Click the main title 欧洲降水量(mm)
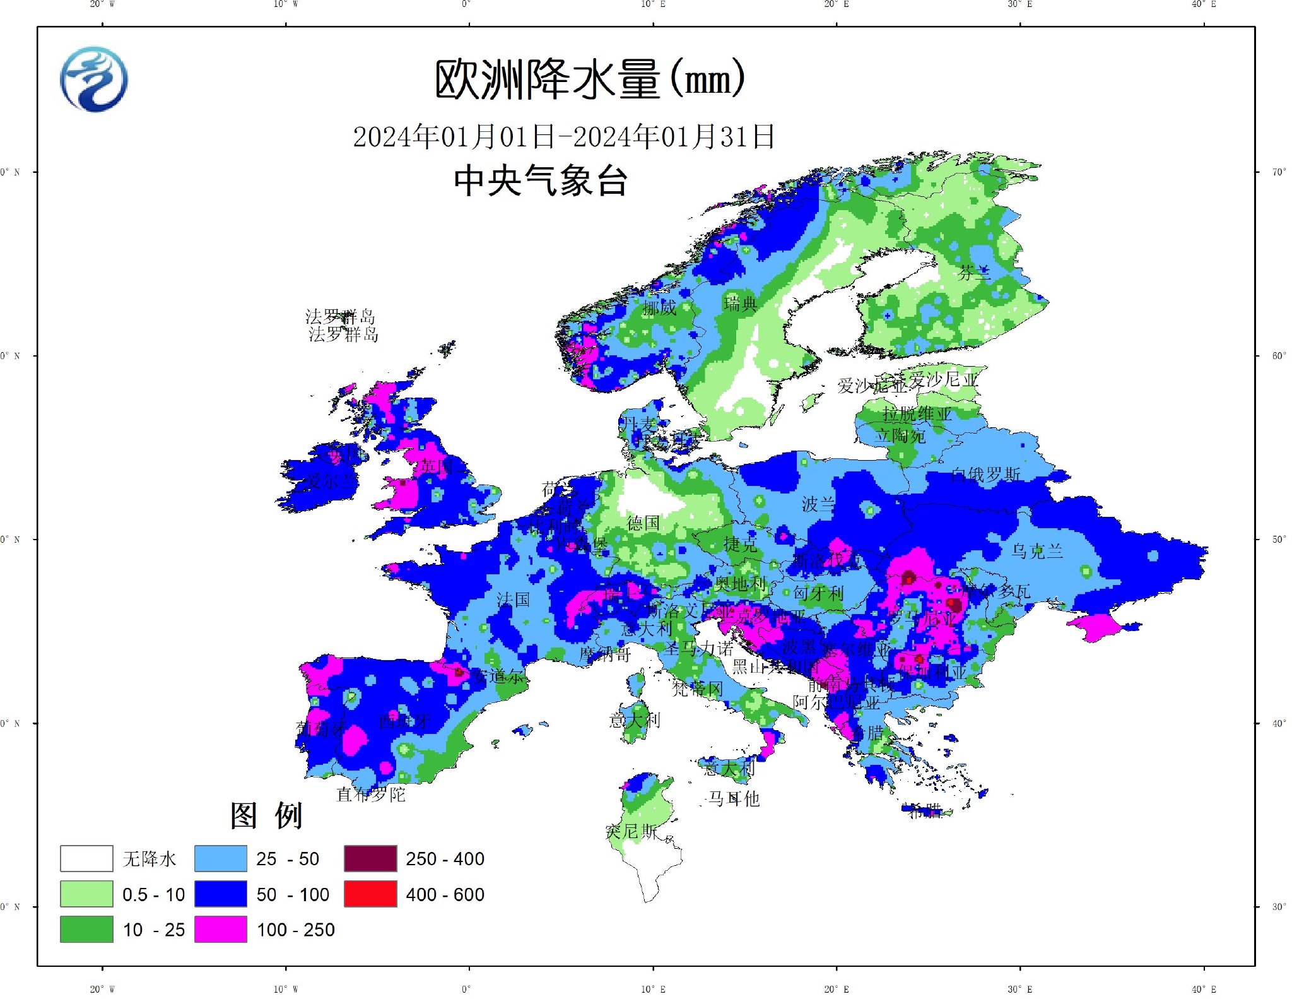pos(590,80)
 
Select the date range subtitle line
pos(563,136)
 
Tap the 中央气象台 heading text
pos(541,180)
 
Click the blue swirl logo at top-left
pos(94,80)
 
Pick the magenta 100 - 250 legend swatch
pos(220,930)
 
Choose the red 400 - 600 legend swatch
pos(370,894)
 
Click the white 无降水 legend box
pos(86,859)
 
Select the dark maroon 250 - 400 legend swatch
pos(370,859)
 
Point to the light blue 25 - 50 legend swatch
pos(220,859)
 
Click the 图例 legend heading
pos(266,815)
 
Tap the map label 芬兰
pos(974,273)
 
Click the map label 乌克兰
pos(1037,551)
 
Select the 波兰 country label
pos(818,504)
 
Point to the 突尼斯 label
pos(631,832)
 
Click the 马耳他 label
pos(734,799)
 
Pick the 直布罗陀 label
pos(371,794)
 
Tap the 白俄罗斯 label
pos(985,474)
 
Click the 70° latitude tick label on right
pos(1279,172)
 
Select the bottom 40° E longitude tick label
pos(1203,989)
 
